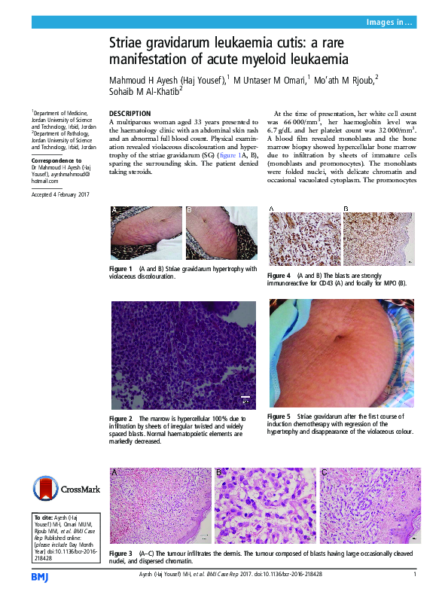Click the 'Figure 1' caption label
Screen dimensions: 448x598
(x=121, y=269)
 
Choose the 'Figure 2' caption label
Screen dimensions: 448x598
(x=121, y=418)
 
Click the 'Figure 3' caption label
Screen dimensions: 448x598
(x=121, y=551)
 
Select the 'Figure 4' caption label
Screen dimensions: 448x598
(x=279, y=276)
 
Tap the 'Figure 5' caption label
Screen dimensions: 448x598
(x=279, y=416)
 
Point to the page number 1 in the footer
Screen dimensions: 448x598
(x=415, y=574)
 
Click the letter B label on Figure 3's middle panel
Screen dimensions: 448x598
(x=219, y=472)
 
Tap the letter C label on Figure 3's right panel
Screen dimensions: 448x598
(x=324, y=472)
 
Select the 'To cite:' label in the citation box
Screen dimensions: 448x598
(x=46, y=518)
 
